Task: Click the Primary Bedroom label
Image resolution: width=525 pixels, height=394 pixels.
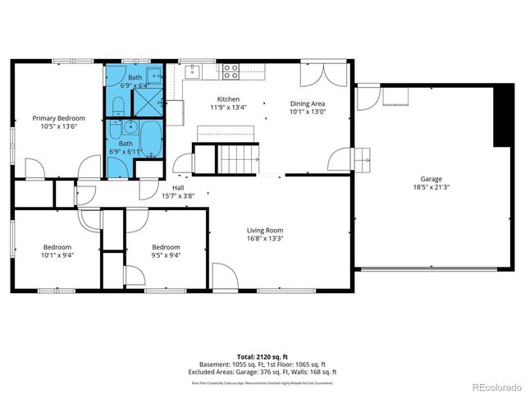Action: click(58, 118)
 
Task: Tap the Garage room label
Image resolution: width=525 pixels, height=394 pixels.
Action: click(431, 178)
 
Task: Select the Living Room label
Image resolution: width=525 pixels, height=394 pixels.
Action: click(265, 230)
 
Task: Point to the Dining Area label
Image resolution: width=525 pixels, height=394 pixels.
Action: click(308, 103)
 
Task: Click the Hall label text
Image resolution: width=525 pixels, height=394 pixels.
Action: click(178, 187)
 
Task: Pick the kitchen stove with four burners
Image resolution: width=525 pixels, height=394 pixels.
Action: click(231, 71)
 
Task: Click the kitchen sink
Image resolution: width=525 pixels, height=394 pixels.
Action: click(193, 71)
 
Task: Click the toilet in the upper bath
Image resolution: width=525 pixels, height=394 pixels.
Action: click(117, 104)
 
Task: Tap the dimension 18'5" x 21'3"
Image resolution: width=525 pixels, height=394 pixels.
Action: click(431, 187)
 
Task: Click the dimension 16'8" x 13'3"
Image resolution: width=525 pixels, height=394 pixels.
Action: click(265, 239)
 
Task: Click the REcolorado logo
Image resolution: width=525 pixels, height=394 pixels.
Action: click(491, 386)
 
